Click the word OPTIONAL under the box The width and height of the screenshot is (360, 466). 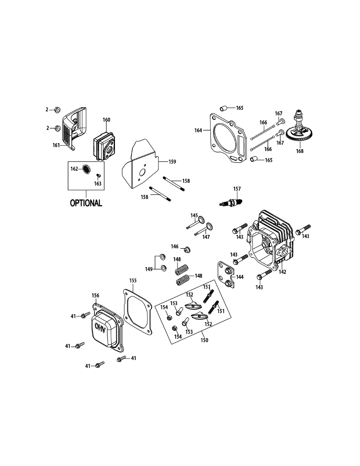pos(86,203)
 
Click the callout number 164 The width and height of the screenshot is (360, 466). pos(198,130)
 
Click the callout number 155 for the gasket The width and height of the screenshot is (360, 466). pos(133,280)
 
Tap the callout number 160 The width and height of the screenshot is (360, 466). pos(106,120)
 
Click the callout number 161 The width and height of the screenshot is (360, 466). pos(56,145)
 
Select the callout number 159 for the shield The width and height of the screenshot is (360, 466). pos(172,162)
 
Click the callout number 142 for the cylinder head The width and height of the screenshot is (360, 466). pos(282,272)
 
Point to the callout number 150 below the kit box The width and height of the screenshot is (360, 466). pos(204,340)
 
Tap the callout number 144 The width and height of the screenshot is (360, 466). pos(240,277)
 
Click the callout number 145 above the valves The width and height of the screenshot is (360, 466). pos(194,216)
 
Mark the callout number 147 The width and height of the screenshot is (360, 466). pos(206,236)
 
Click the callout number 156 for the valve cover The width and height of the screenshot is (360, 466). pos(96,296)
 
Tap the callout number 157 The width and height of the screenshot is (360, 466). pos(237,189)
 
